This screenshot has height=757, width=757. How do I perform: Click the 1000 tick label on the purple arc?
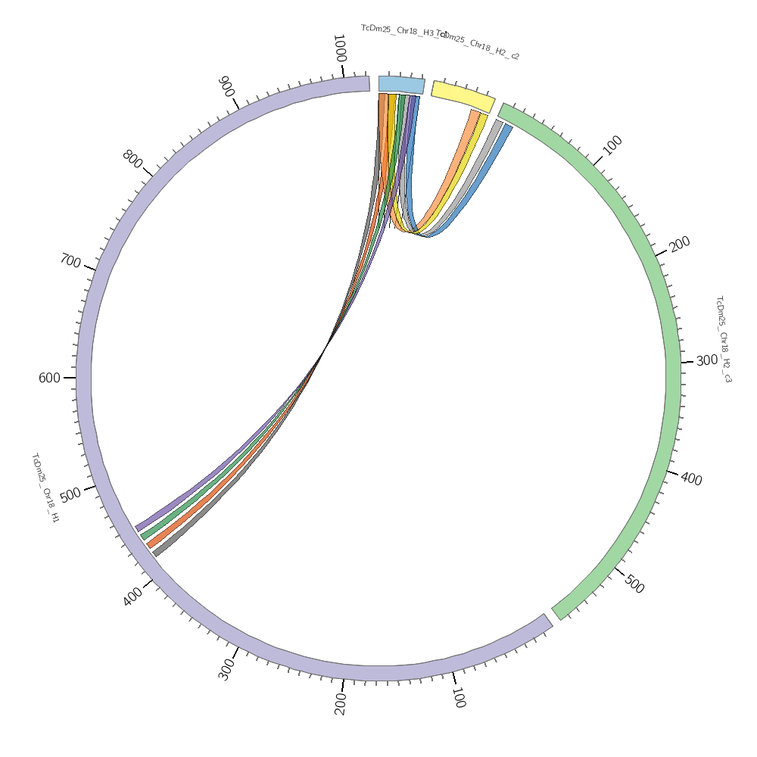(x=340, y=48)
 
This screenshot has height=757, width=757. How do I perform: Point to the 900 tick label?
(x=226, y=86)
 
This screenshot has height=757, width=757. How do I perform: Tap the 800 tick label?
(x=132, y=160)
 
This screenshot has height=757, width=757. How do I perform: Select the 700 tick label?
(x=70, y=262)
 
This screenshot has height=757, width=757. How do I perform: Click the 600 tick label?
(x=49, y=378)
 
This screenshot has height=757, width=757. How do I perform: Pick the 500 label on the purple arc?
(x=70, y=495)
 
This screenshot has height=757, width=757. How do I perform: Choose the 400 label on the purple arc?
(x=132, y=597)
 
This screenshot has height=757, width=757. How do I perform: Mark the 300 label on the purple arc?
(x=226, y=670)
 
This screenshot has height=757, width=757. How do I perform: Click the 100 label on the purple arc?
(x=458, y=697)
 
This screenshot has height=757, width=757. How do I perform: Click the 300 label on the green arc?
(x=707, y=361)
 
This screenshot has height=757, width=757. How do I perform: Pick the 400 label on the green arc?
(x=691, y=478)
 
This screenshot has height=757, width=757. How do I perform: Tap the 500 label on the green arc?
(x=634, y=584)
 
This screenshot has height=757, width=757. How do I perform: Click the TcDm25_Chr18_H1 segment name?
(x=45, y=488)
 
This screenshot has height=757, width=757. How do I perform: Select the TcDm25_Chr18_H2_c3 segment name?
(x=723, y=338)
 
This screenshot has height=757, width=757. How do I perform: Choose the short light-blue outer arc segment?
(x=401, y=84)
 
